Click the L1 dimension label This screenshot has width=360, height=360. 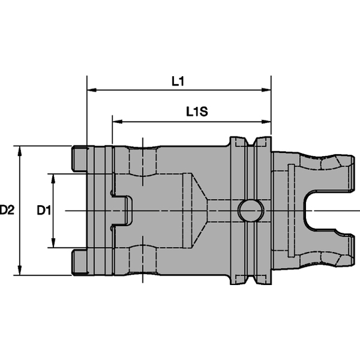tap(178, 80)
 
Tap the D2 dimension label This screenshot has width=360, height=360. tap(7, 210)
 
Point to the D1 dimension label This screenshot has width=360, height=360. tap(43, 210)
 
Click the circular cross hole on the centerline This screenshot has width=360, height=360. tap(250, 210)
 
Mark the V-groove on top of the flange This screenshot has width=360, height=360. tap(251, 143)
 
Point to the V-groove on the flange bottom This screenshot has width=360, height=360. tap(251, 280)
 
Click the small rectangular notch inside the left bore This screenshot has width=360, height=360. tap(123, 210)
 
